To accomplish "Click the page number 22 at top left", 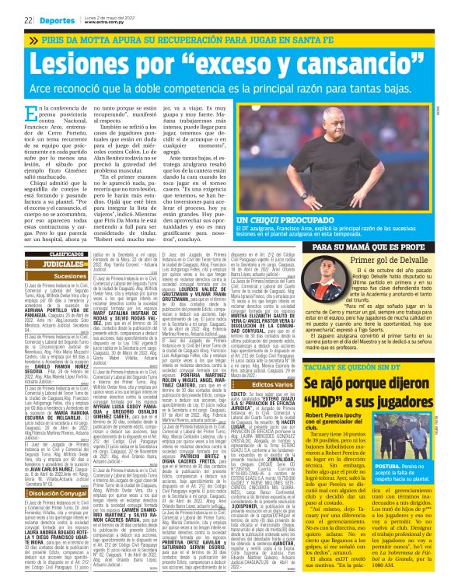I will (7, 18).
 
